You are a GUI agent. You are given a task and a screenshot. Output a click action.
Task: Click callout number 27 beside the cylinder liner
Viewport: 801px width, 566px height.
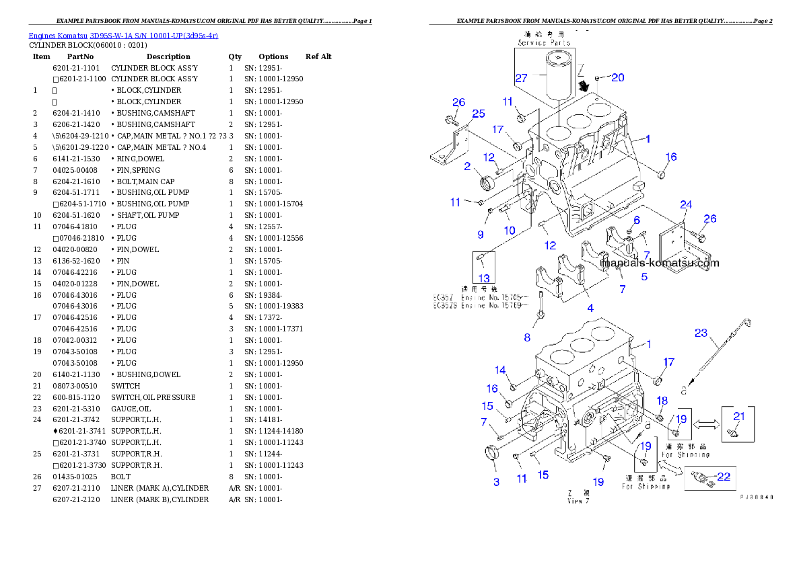(522, 79)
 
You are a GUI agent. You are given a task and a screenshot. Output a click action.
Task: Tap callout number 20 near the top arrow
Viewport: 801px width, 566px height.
(617, 77)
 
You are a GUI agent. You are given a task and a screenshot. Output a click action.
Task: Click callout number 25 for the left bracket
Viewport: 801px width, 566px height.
(478, 114)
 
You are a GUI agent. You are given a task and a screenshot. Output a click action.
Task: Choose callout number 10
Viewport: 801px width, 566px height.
(510, 230)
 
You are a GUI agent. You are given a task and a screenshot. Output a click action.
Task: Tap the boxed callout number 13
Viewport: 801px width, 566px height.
(484, 278)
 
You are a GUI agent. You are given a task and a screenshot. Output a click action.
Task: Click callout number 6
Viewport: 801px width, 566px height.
(637, 220)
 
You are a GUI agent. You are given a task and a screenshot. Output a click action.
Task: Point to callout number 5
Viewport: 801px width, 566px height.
(644, 276)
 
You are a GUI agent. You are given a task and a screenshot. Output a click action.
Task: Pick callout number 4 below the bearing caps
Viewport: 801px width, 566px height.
(590, 309)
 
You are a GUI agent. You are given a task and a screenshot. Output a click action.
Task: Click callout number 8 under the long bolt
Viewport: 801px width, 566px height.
(527, 337)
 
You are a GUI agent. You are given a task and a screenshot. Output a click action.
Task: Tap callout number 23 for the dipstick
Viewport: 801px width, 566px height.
(701, 332)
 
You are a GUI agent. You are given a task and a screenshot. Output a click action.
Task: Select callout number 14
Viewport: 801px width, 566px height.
(500, 370)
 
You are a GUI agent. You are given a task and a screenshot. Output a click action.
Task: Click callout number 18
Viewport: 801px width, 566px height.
(662, 401)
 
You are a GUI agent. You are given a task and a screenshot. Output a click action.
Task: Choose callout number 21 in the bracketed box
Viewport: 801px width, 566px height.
(738, 416)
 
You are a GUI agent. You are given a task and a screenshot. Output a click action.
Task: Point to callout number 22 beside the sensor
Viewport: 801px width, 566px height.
(724, 477)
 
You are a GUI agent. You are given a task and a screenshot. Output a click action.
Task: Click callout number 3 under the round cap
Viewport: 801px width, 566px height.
(497, 481)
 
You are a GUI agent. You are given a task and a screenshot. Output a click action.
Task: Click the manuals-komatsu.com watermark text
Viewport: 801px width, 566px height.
(660, 263)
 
